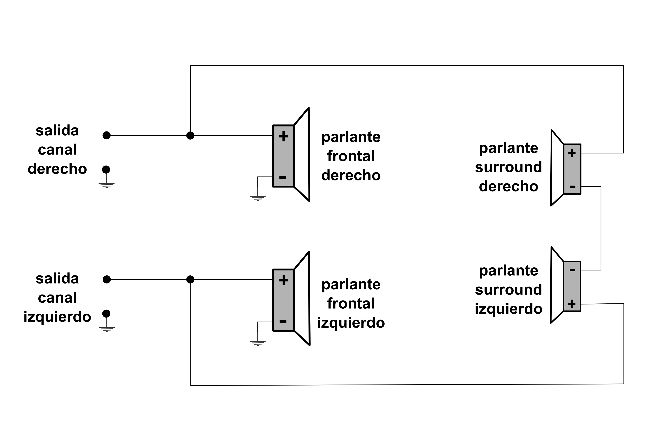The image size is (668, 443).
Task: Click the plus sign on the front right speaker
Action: (283, 136)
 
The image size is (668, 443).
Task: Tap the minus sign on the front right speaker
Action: (283, 177)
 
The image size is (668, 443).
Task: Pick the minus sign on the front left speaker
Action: (283, 321)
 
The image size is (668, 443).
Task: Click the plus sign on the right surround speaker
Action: (572, 153)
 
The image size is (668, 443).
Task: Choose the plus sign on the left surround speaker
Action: (572, 304)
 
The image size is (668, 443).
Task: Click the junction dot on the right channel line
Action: (190, 136)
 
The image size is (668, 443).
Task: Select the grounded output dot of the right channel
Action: (106, 169)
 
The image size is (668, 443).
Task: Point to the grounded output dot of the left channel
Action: (106, 314)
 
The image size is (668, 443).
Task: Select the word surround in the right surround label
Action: (509, 167)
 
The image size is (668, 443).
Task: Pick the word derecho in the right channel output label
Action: (57, 169)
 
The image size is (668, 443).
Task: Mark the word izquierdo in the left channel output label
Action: (57, 317)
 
